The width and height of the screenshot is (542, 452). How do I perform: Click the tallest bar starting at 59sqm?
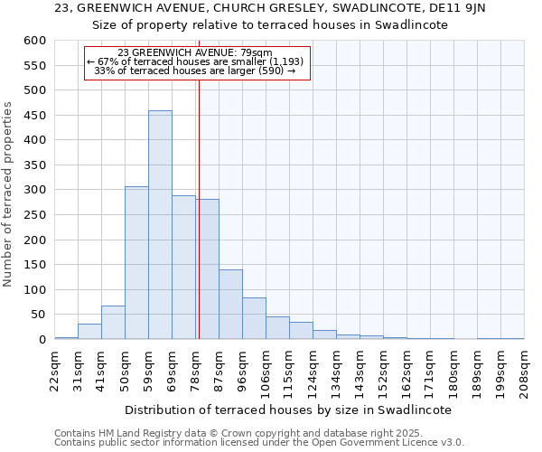[x=160, y=225]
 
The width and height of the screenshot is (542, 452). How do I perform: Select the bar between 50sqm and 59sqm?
[x=136, y=263]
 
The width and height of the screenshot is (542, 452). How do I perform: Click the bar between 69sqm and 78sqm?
[x=183, y=268]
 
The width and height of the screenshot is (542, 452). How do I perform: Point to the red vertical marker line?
[x=199, y=208]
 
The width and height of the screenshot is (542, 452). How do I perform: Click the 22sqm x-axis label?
[x=54, y=369]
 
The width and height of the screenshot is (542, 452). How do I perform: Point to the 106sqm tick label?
[x=266, y=369]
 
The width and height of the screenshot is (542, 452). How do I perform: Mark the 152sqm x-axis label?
[x=383, y=369]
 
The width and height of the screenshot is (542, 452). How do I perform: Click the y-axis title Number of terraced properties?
[x=9, y=194]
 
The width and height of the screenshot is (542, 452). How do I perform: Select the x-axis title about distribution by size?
[x=287, y=410]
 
